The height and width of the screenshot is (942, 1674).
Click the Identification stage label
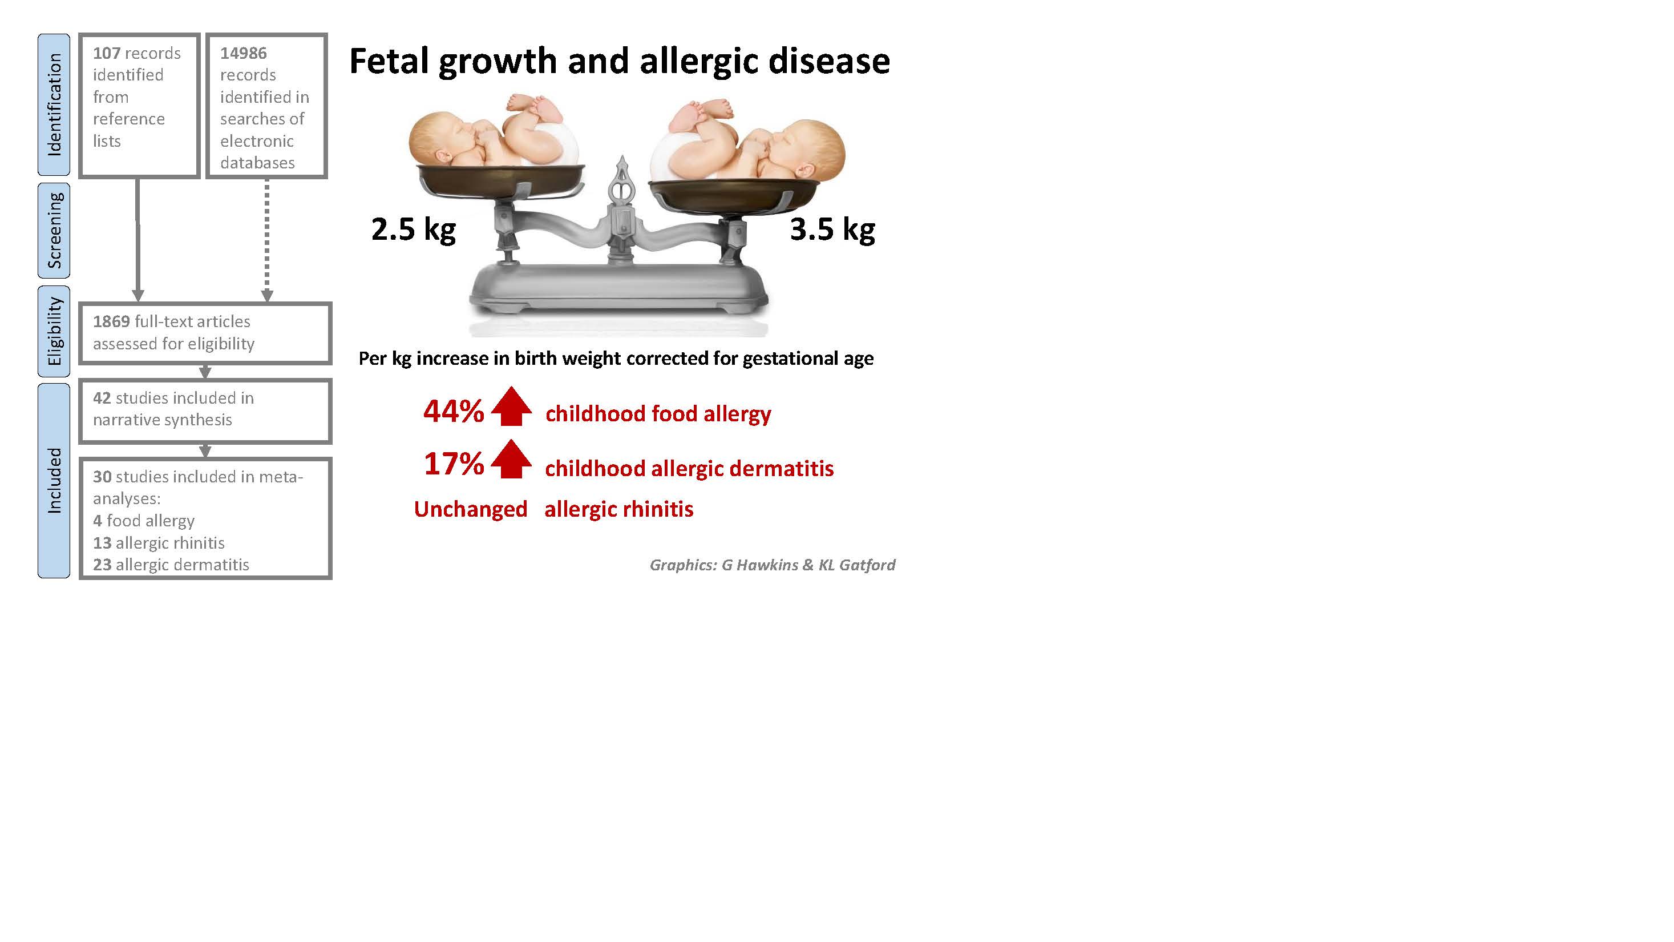click(54, 104)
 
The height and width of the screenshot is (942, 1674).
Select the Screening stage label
click(54, 230)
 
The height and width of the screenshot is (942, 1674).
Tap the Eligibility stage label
click(54, 331)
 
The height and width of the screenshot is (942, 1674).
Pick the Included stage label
click(54, 481)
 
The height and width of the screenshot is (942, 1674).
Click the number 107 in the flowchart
click(107, 53)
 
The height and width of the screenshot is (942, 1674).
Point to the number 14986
click(243, 53)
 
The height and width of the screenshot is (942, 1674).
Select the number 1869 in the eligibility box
click(111, 322)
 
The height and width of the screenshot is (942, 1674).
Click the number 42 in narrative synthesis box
click(102, 398)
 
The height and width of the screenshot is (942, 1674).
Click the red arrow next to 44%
click(511, 406)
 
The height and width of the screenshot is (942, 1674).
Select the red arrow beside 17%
click(511, 459)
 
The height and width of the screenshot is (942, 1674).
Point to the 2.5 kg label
click(413, 230)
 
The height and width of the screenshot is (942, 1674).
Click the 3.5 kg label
click(832, 230)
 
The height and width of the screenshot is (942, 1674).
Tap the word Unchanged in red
click(471, 509)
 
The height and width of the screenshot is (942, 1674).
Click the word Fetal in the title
click(389, 61)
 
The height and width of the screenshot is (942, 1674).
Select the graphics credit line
click(773, 565)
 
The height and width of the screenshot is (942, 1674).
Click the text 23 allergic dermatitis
click(171, 565)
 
